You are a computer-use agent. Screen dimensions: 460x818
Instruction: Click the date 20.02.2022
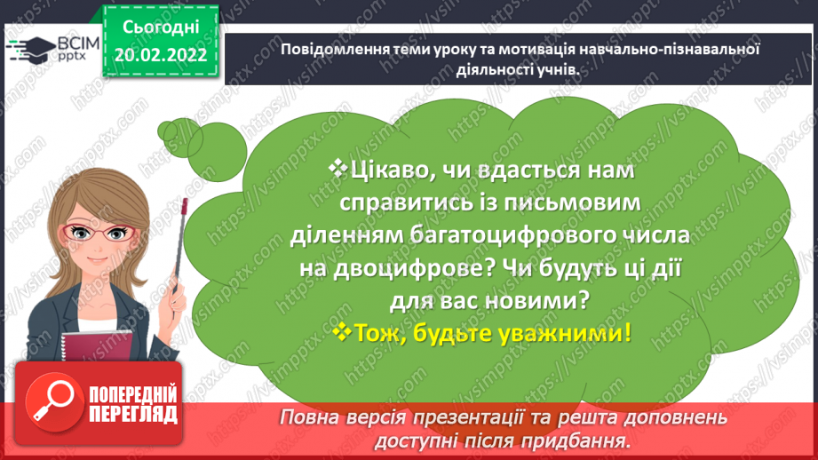[161, 56]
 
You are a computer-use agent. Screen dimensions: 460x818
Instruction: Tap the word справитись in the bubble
[401, 202]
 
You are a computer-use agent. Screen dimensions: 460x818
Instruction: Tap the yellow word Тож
[379, 334]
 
